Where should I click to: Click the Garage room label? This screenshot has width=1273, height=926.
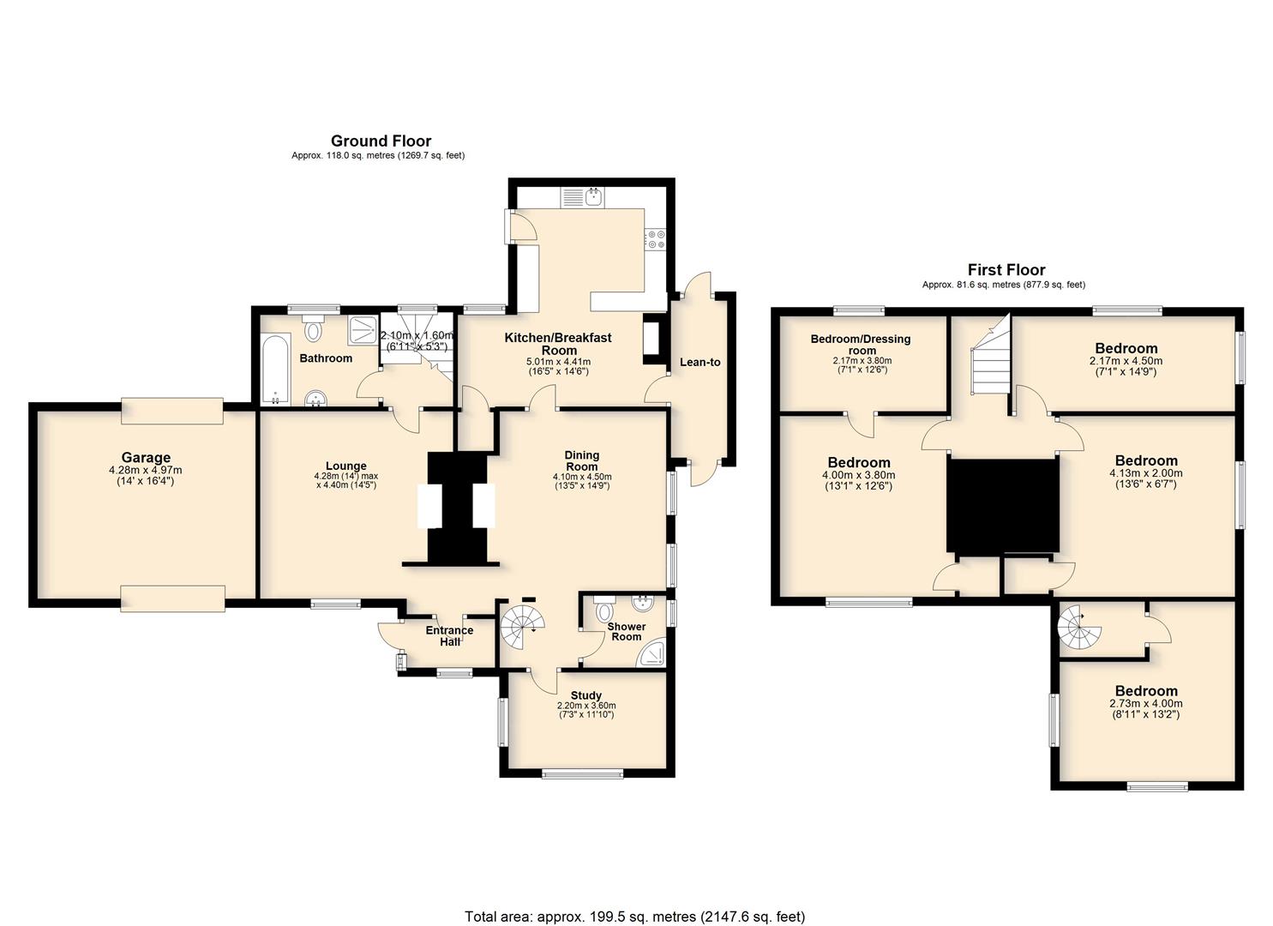click(x=146, y=458)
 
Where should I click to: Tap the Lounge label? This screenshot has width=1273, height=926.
click(x=346, y=466)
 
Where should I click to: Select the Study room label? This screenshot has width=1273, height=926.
click(x=585, y=695)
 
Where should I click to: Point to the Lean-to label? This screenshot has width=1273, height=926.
click(x=700, y=362)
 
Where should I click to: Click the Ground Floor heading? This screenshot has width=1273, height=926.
click(x=381, y=141)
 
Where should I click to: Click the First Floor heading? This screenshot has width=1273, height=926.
click(x=1006, y=269)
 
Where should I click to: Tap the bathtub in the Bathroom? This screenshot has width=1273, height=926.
click(x=276, y=370)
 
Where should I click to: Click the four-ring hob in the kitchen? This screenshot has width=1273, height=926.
click(x=655, y=238)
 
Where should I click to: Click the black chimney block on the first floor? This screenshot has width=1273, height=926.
click(x=1003, y=505)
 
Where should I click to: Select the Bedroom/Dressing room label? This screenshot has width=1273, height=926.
click(x=861, y=345)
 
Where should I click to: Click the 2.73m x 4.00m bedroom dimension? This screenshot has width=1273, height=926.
click(x=1145, y=704)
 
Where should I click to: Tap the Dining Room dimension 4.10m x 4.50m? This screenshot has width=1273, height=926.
click(x=582, y=477)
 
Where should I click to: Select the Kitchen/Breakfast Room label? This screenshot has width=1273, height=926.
click(x=558, y=344)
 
